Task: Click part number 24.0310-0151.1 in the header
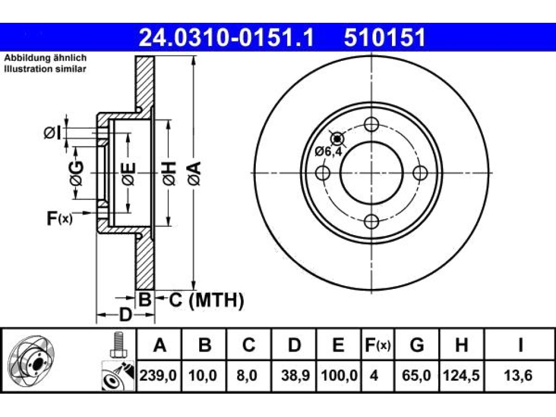click(x=226, y=38)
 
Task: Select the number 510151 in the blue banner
click(x=384, y=38)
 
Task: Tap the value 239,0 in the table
click(x=158, y=376)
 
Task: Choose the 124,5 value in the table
click(x=462, y=376)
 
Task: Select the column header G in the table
click(x=416, y=345)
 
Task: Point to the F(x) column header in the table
click(x=378, y=345)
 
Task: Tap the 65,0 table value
click(x=416, y=376)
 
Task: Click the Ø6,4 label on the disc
click(x=328, y=152)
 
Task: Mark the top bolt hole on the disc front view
click(x=371, y=125)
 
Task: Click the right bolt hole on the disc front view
click(x=421, y=173)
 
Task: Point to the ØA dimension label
click(x=195, y=173)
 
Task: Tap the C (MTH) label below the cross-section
click(x=206, y=300)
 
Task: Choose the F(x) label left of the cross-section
click(x=60, y=218)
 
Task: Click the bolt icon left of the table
click(x=117, y=345)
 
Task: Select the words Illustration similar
click(x=45, y=69)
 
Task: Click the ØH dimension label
click(x=169, y=173)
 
